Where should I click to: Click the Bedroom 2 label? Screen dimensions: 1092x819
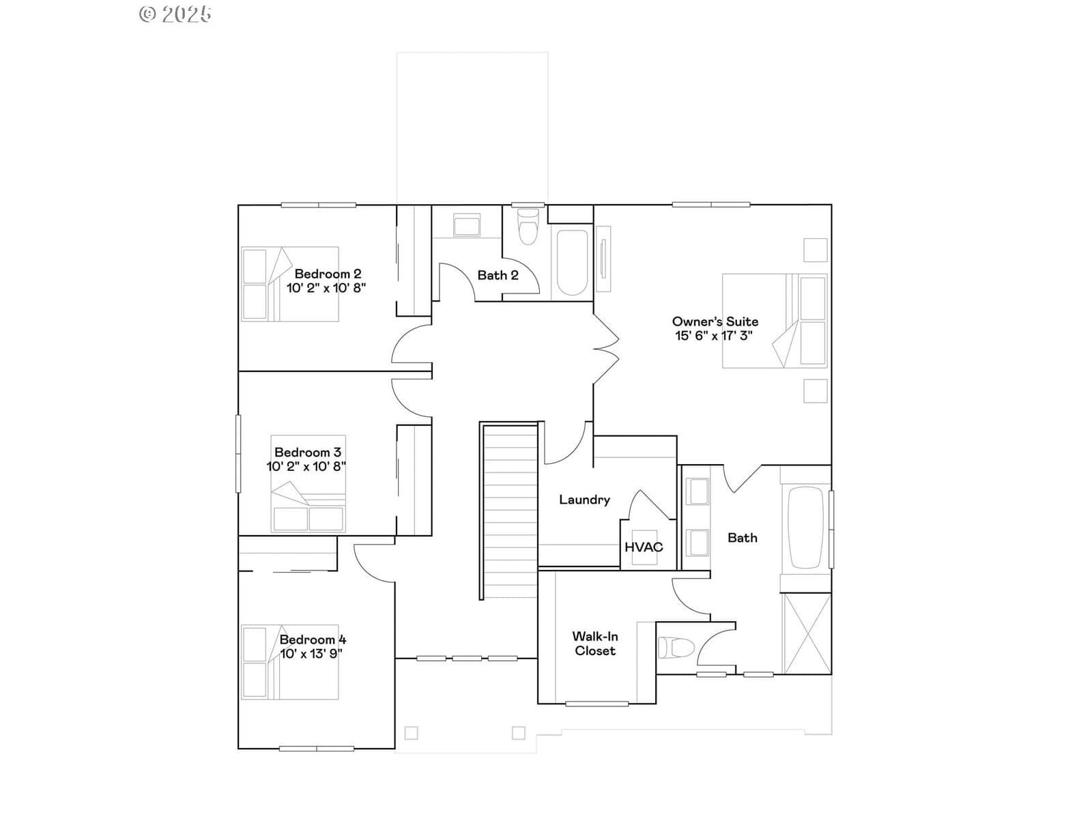[x=328, y=274]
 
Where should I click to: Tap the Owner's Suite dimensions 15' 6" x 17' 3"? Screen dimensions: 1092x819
[x=713, y=336]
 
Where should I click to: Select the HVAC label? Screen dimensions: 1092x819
[x=644, y=547]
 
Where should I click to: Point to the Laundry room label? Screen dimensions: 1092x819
[x=584, y=500]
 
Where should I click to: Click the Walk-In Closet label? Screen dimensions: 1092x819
[x=595, y=644]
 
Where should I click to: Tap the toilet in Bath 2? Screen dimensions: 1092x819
[x=528, y=227]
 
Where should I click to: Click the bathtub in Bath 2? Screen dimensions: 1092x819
[x=572, y=263]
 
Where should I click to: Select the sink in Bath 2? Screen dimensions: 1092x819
[x=467, y=225]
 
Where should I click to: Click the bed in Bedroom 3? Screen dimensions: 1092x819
[x=308, y=484]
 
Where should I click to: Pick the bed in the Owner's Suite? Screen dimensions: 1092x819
[x=775, y=321]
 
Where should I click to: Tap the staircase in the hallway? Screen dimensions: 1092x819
[x=509, y=511]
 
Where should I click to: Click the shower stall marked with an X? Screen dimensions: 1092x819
[x=807, y=633]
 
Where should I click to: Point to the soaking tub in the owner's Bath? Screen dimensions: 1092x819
[x=806, y=528]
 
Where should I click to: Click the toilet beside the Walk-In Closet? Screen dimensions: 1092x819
[x=676, y=648]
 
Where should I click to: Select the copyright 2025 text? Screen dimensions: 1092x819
[x=175, y=14]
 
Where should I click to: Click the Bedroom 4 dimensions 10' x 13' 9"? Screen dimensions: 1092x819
[x=311, y=654]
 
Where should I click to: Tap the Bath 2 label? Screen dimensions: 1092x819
[x=498, y=276]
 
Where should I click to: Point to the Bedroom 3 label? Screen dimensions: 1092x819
[x=308, y=452]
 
